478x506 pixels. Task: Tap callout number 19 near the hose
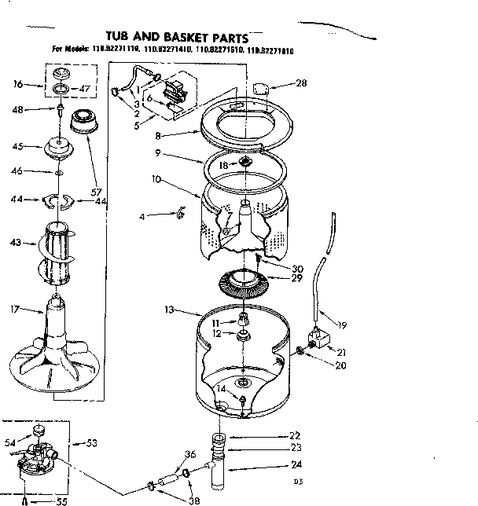coord(342,324)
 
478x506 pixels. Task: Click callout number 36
coord(189,453)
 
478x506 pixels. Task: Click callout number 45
coord(15,145)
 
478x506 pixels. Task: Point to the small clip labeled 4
coord(180,212)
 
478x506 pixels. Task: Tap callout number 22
coord(295,436)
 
